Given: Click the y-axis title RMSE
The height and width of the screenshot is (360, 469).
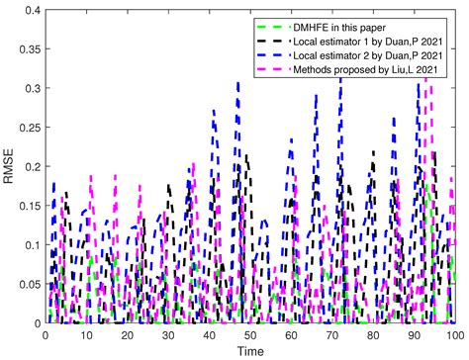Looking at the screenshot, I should [x=11, y=167].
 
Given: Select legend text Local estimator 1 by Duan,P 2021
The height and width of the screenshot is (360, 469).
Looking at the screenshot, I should [x=366, y=40].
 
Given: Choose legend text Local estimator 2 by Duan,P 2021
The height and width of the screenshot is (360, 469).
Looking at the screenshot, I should [x=366, y=55].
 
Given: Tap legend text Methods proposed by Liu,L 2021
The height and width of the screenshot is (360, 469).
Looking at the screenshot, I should [x=364, y=71].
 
